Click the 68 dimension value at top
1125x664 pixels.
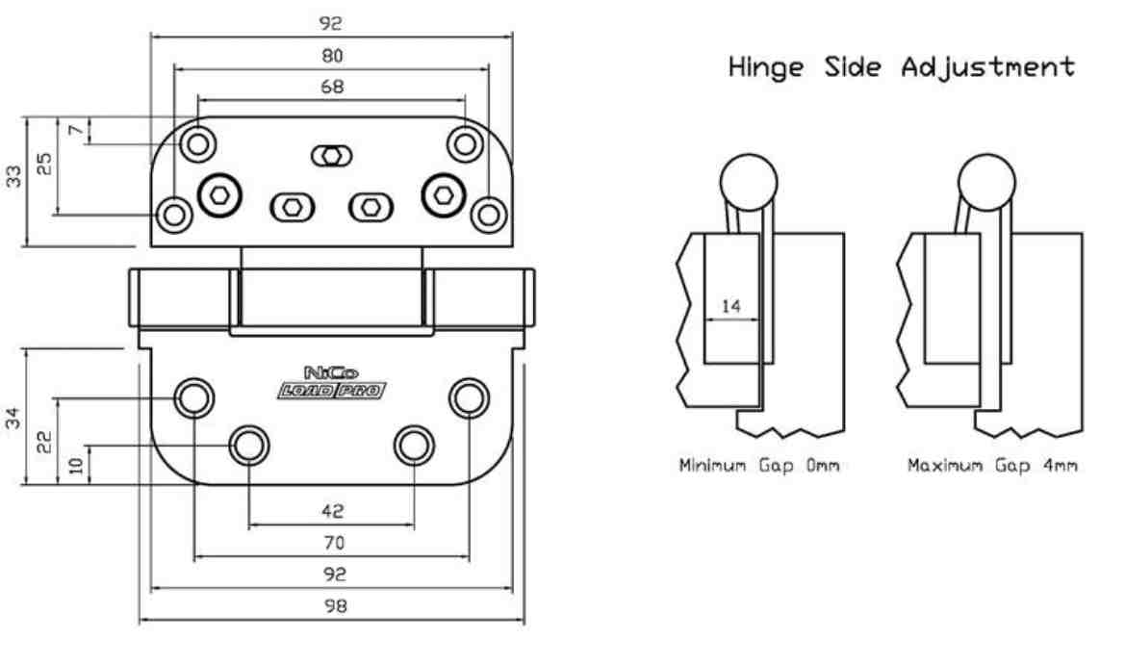(332, 87)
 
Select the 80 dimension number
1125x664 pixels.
(332, 56)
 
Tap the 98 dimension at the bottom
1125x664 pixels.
(335, 606)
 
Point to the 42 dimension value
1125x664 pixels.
(332, 511)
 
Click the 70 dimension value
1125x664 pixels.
(334, 543)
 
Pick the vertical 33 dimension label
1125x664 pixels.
(13, 176)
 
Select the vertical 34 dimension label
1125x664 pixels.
(13, 418)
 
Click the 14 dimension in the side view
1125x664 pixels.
(730, 306)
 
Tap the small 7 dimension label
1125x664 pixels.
(75, 130)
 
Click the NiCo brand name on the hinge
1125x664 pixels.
(331, 372)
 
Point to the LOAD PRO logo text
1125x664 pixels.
(332, 391)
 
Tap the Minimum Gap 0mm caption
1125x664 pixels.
(759, 466)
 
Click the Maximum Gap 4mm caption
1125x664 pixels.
(992, 466)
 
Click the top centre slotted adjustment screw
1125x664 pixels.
(331, 156)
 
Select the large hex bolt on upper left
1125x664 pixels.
(219, 195)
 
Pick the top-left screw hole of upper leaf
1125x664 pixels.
(198, 144)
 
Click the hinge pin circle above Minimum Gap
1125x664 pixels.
(749, 182)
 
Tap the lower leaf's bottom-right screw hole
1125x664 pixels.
(414, 446)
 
